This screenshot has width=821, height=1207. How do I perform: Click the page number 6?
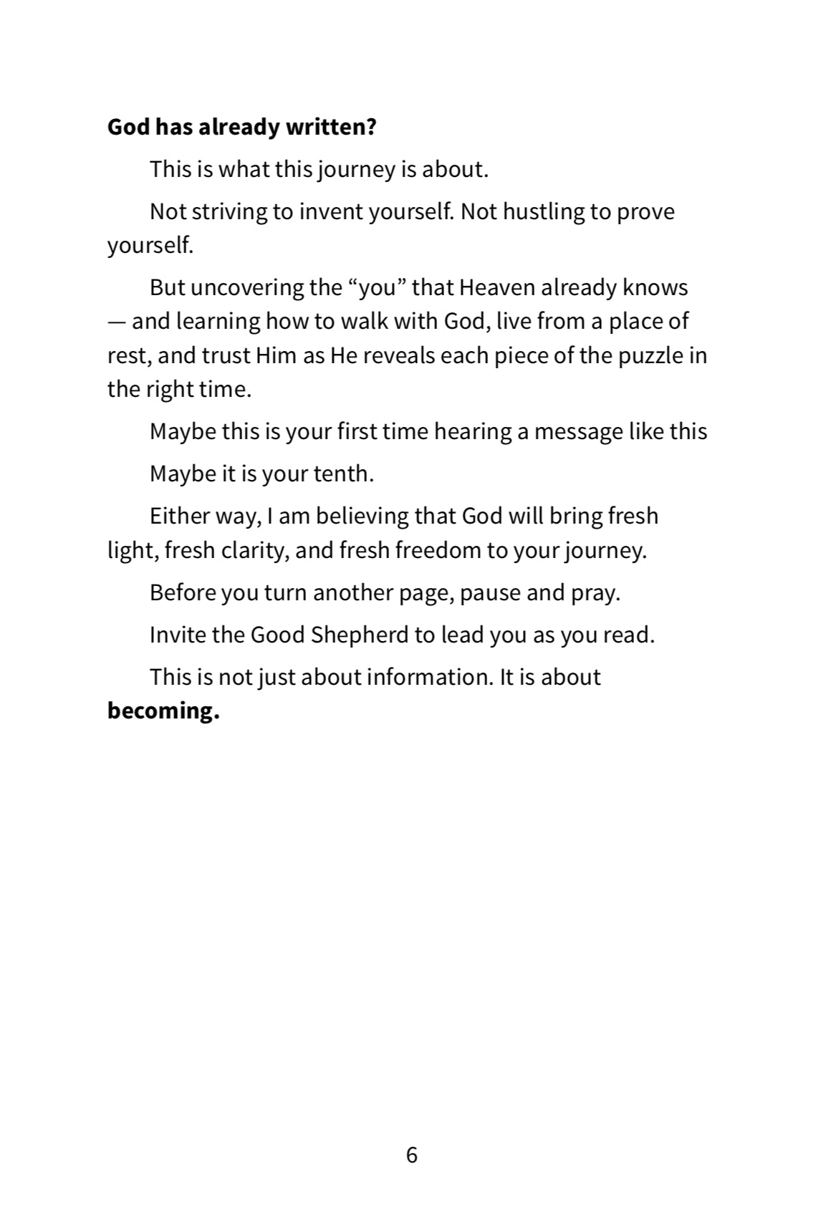point(411,1155)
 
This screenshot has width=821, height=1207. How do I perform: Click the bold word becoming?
point(163,711)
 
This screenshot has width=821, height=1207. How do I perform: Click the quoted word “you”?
point(377,287)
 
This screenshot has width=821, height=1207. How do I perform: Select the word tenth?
point(343,473)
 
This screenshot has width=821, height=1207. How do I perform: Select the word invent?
point(330,211)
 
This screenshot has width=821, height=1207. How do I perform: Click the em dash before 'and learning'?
point(116,322)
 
